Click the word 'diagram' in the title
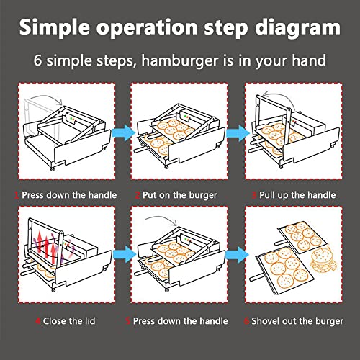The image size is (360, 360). click(297, 28)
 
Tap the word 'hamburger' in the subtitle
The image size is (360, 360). click(180, 60)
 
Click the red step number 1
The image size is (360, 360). click(17, 195)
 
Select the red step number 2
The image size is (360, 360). click(138, 195)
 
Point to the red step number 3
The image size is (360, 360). click(254, 195)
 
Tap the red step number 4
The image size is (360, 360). click(37, 321)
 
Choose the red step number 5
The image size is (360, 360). click(128, 321)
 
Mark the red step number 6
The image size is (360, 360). click(246, 321)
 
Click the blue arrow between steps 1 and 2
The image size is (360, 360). click(124, 132)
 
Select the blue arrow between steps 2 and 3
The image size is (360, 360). click(238, 132)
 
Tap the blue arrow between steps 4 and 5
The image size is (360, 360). click(125, 254)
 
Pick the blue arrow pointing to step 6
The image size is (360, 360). click(238, 254)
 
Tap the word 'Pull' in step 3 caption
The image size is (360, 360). click(267, 195)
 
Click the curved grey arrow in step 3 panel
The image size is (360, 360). click(279, 97)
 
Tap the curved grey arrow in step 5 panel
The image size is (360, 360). click(161, 218)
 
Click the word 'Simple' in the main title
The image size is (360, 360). click(55, 28)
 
